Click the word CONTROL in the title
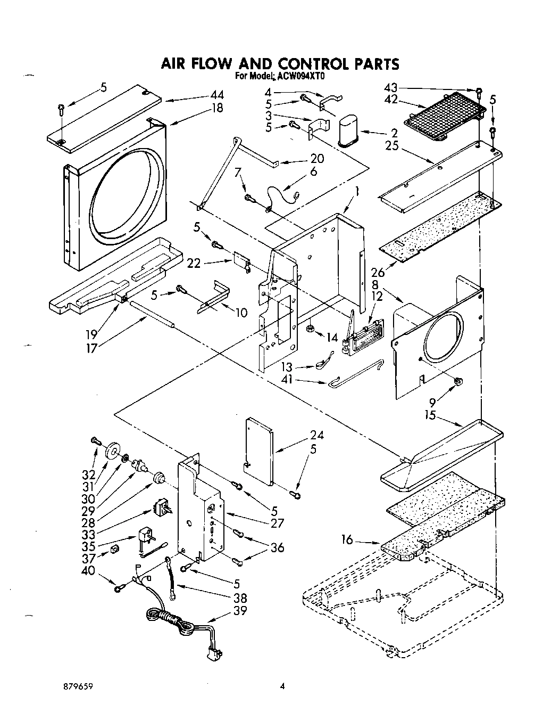pos(302,64)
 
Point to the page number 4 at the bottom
pos(283,687)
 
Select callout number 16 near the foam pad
pos(347,541)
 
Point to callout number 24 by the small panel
pos(315,435)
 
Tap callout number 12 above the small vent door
pos(377,297)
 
